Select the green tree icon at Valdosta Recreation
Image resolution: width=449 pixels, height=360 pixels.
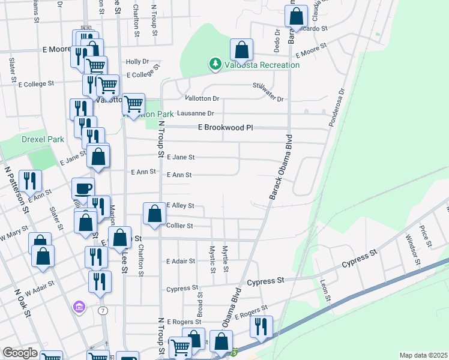tap(214, 64)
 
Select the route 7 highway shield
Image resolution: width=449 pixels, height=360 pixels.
tap(103, 310)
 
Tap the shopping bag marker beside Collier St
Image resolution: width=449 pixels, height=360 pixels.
tap(155, 214)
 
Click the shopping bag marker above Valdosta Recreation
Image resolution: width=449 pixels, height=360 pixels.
tap(241, 49)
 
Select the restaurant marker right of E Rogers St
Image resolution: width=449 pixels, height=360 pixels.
tap(261, 326)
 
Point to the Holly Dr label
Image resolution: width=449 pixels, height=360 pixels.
tap(137, 62)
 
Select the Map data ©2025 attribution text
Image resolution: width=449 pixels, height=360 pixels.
tap(423, 355)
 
